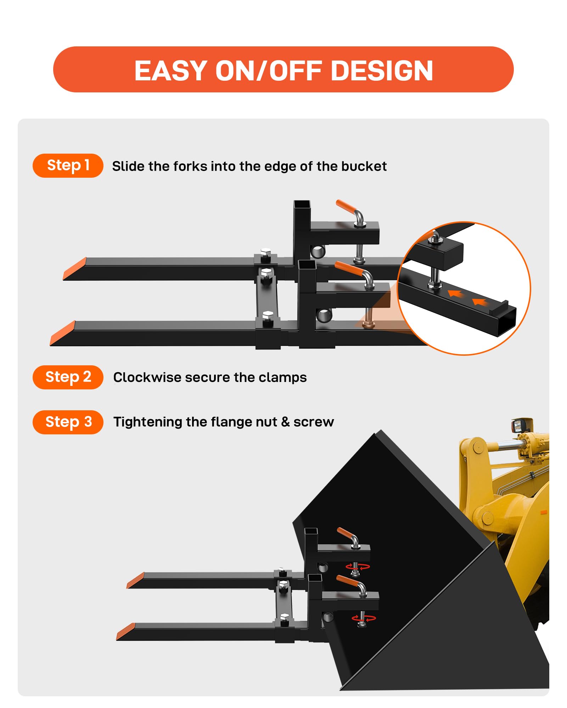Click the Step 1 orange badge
tap(68, 166)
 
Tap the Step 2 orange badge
tap(68, 377)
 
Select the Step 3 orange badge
tap(68, 422)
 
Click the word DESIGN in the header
tap(382, 71)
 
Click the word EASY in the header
tap(171, 71)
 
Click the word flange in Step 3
tap(231, 422)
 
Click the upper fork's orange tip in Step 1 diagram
tap(75, 268)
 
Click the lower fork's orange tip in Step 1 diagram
tap(62, 333)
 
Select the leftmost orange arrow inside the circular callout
tap(456, 293)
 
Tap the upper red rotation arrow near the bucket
tap(358, 567)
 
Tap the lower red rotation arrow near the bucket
tap(364, 618)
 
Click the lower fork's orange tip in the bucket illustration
tap(126, 632)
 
